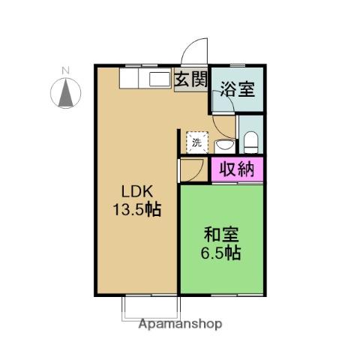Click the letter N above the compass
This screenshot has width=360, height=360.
[x=65, y=72]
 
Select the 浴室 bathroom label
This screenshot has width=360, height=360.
[x=237, y=89]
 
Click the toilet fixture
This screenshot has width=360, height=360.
[x=250, y=139]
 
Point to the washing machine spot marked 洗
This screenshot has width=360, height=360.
[x=196, y=142]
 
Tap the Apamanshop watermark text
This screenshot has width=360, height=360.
[x=180, y=325]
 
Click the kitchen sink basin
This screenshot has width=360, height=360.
[x=160, y=80]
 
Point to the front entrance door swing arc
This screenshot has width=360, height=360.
[x=193, y=52]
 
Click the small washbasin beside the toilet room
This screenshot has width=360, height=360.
[x=223, y=143]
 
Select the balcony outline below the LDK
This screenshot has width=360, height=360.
[x=151, y=307]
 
